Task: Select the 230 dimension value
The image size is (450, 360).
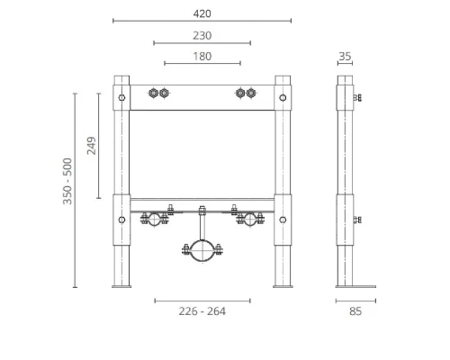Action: click(202, 35)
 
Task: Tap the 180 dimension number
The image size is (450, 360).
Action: click(202, 57)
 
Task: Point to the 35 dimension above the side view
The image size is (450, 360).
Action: click(345, 57)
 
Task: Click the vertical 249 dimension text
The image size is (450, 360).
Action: click(91, 146)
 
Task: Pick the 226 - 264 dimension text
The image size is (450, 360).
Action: click(202, 311)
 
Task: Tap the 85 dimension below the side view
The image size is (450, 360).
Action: click(355, 311)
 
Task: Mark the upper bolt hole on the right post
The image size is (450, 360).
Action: click(283, 97)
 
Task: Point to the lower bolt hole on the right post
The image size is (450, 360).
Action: click(283, 219)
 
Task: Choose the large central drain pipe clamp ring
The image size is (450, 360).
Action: click(202, 250)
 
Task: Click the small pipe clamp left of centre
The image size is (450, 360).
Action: click(155, 220)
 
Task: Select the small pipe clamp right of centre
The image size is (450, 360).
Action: click(248, 220)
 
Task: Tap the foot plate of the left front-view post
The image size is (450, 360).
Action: click(121, 287)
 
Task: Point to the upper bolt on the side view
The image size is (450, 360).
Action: click(357, 97)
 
